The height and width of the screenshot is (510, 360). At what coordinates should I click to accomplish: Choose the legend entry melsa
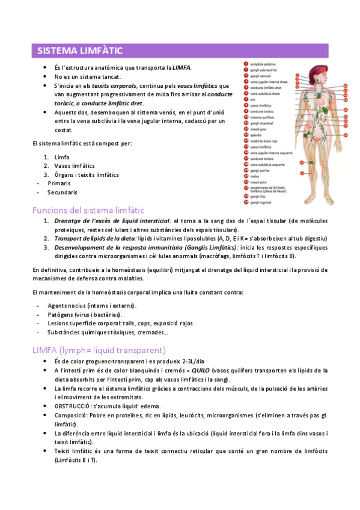[254, 176]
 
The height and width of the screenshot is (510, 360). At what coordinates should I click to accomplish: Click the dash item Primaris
[59, 183]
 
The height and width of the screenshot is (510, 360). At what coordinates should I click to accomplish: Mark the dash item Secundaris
[63, 192]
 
